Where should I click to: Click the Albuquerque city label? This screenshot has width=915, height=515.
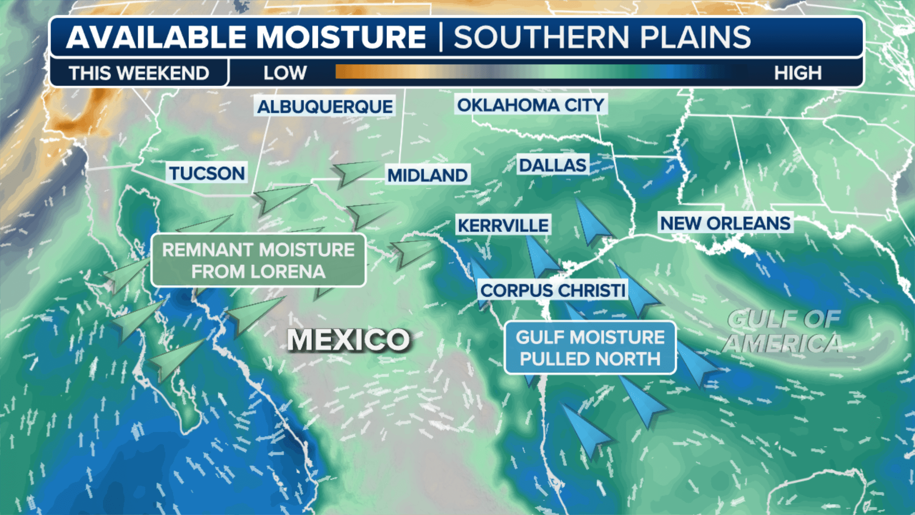coord(325,106)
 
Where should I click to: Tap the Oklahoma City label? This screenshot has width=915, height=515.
coord(530,105)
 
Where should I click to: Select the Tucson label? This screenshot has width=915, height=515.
coord(207,173)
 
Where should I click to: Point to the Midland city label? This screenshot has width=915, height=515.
coord(427,175)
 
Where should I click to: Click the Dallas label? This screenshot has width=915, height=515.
coord(552,165)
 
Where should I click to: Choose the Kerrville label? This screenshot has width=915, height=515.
coord(503,225)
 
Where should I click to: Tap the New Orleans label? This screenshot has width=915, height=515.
coord(725,223)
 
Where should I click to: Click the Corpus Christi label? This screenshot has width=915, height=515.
coord(553,290)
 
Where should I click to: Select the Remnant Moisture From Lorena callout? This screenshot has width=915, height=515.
coord(258,260)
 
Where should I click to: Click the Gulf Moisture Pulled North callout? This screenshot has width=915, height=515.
coord(590,348)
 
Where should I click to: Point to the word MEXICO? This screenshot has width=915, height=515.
coord(348,340)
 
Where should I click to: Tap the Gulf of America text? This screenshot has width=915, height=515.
coord(783,331)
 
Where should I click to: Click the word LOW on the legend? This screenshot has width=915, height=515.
coord(285,73)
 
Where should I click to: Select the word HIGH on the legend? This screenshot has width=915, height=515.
coord(797,73)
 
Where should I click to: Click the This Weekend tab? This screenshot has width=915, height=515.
coord(139,73)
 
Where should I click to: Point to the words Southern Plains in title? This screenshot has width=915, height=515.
coord(601,37)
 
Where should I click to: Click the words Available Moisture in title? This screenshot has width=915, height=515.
coord(246,37)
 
